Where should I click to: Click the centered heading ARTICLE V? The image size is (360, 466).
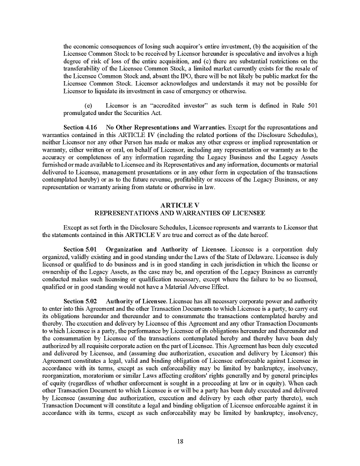(x=180, y=205)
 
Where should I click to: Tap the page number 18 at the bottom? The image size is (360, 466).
(x=180, y=441)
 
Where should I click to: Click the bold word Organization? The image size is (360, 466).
(x=126, y=250)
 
